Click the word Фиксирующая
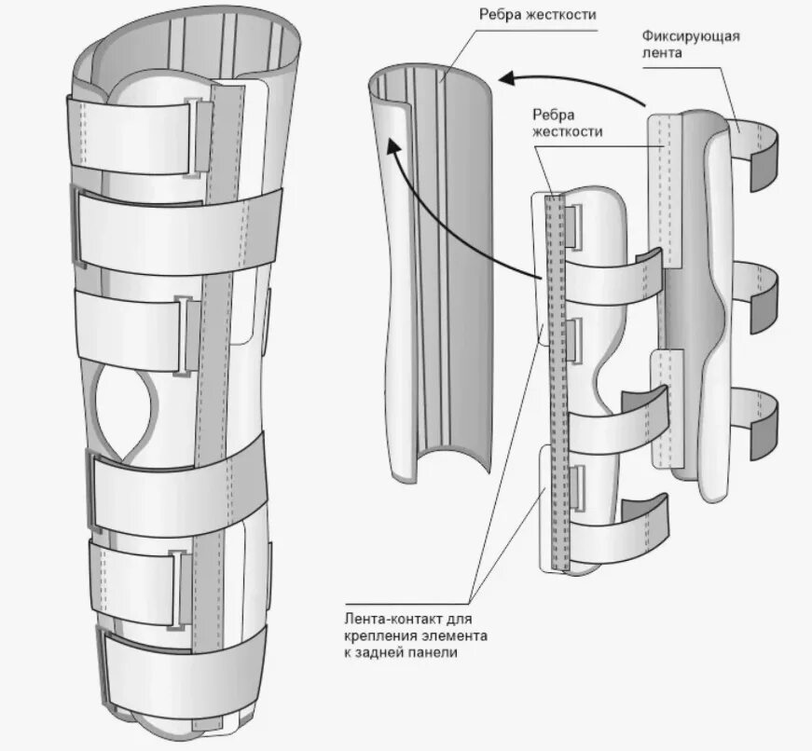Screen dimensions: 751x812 (x=690, y=36)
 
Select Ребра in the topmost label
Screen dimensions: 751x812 (x=501, y=14)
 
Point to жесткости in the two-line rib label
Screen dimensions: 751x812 (x=567, y=132)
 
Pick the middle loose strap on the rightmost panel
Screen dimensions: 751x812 (x=757, y=289)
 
